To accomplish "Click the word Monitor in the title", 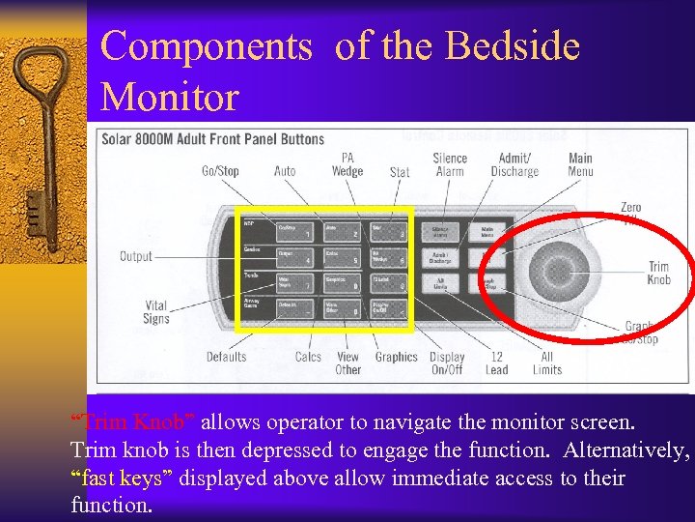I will point(170,97).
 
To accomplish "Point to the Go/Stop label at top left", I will point(220,171).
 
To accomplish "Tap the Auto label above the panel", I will point(285,171).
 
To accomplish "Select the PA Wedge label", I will point(347,165).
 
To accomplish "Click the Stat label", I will point(400,172).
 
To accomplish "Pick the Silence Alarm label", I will point(450,165).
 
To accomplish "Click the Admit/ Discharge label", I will point(514,165).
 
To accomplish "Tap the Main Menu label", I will point(580,165).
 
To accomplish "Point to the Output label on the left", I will point(136,256).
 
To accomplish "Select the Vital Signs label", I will point(155,311).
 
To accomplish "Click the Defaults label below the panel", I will point(226,357).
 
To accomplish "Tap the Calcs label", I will point(308,357).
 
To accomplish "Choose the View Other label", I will point(347,362).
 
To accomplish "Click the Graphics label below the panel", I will point(396,357).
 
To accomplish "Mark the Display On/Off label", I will point(447,362).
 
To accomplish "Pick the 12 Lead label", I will point(497,362).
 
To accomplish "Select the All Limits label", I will point(546,362).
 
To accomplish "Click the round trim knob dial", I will point(551,268).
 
